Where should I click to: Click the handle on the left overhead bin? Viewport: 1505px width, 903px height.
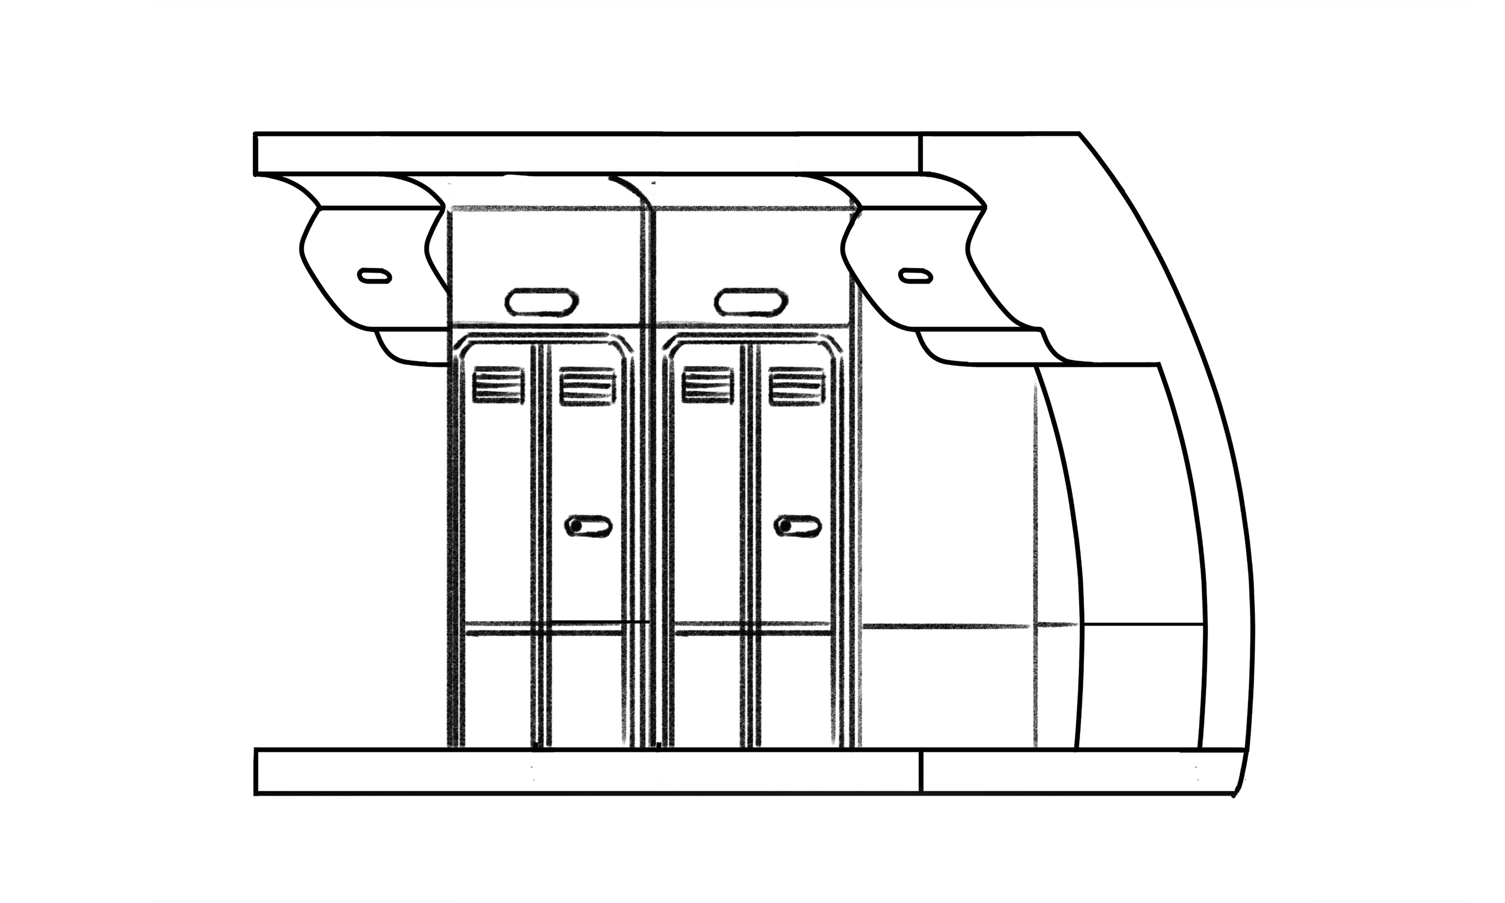point(374,275)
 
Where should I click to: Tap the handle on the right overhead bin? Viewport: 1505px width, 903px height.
point(915,275)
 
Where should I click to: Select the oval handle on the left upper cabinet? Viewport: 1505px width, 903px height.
point(541,302)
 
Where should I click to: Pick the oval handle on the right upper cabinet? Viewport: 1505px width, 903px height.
point(751,302)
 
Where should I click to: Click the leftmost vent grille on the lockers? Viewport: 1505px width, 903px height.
point(498,385)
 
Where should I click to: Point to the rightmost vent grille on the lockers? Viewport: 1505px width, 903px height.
point(796,386)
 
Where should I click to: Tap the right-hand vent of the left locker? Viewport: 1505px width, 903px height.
point(587,386)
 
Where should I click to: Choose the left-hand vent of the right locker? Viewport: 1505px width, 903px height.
point(707,386)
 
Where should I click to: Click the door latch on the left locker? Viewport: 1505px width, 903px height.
point(589,526)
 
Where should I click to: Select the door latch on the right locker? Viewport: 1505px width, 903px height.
point(797,526)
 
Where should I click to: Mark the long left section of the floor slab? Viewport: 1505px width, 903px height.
point(587,771)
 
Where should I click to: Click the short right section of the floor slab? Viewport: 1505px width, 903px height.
point(1077,771)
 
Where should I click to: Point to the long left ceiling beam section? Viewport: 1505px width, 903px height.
point(587,153)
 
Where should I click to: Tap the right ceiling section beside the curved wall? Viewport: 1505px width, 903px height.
point(998,153)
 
